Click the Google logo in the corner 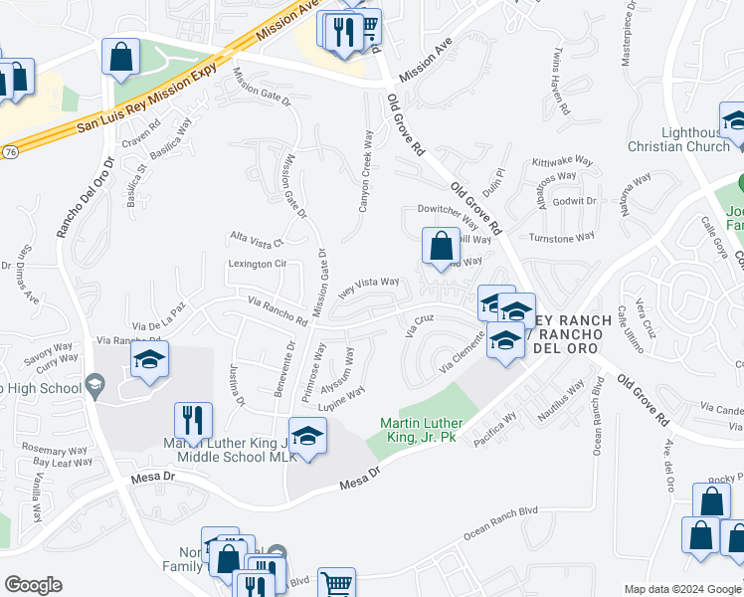[33, 585]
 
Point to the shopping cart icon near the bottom [337, 584]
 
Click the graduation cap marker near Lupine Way [307, 439]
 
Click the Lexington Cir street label [258, 264]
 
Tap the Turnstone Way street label [561, 238]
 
